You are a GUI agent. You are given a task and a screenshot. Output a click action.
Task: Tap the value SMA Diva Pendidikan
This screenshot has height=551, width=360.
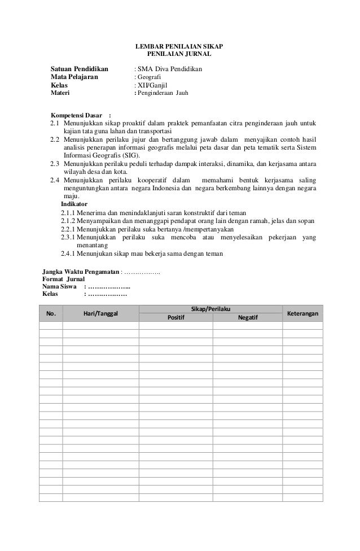pyautogui.click(x=168, y=69)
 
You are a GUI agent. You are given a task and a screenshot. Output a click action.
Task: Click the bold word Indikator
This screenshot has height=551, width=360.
pyautogui.click(x=74, y=204)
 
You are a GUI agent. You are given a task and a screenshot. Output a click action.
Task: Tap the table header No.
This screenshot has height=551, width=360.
pyautogui.click(x=51, y=313)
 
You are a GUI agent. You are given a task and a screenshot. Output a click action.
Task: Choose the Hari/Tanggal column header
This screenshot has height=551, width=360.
pyautogui.click(x=100, y=313)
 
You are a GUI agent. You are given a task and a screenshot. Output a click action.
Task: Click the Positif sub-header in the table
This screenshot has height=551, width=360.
pyautogui.click(x=176, y=317)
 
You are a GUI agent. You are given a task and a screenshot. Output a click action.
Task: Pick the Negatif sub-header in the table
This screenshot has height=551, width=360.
pyautogui.click(x=248, y=317)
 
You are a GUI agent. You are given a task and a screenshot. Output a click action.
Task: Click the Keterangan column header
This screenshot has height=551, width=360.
pyautogui.click(x=302, y=313)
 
